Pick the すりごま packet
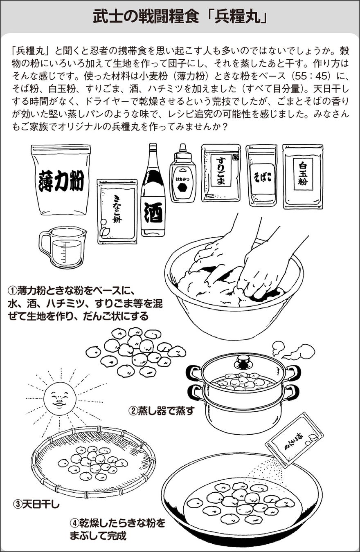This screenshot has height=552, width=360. pos(220,173)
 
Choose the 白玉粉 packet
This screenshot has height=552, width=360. pos(303,176)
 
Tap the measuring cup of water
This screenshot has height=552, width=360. pos(63,247)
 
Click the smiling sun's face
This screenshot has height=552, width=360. pos(60,397)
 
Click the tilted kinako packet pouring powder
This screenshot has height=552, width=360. pos(294,440)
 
